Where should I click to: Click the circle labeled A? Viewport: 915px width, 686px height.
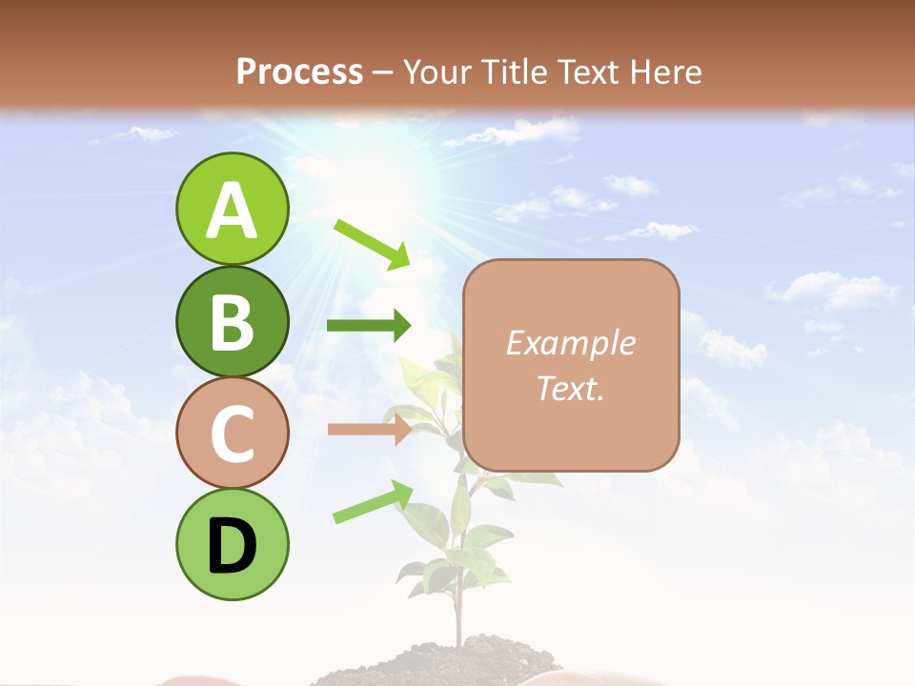tap(233, 210)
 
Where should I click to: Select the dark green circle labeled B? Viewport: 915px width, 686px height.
tap(233, 322)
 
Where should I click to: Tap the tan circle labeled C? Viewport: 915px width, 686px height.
tap(233, 433)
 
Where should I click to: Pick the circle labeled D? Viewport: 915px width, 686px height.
tap(233, 544)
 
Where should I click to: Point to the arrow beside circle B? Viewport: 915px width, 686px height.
tap(369, 326)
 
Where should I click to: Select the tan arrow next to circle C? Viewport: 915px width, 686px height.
tap(369, 430)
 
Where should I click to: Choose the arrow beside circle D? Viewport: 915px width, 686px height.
tap(373, 502)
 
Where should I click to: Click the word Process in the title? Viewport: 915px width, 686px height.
tap(299, 71)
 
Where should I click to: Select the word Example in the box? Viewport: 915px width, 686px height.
tap(571, 343)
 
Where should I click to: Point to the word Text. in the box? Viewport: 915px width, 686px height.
tap(571, 388)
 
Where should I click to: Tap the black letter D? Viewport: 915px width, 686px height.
tap(233, 546)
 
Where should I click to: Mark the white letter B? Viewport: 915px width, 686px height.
tap(233, 323)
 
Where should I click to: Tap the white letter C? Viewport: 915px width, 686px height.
tap(233, 434)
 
